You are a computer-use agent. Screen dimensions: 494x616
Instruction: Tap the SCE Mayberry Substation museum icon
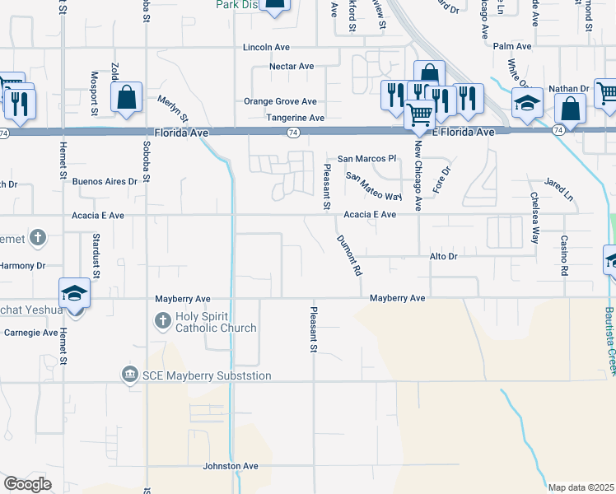129,375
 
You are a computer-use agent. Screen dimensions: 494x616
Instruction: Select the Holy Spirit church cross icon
162,319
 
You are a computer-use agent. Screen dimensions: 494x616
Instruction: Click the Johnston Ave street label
231,466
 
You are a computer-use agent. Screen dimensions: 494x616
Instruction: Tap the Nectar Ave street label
292,66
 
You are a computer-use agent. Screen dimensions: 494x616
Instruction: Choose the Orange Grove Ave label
280,101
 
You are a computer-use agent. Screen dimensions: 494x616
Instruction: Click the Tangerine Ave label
294,118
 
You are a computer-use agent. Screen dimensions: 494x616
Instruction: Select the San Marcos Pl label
367,158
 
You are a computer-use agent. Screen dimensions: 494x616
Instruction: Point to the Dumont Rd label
350,255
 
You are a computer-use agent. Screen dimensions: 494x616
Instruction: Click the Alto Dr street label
442,257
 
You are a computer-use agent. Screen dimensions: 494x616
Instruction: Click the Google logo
27,484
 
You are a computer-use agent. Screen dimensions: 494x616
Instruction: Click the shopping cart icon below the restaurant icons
419,115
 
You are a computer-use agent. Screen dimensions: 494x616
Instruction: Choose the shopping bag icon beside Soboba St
127,97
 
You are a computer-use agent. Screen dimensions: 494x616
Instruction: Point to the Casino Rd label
565,255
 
